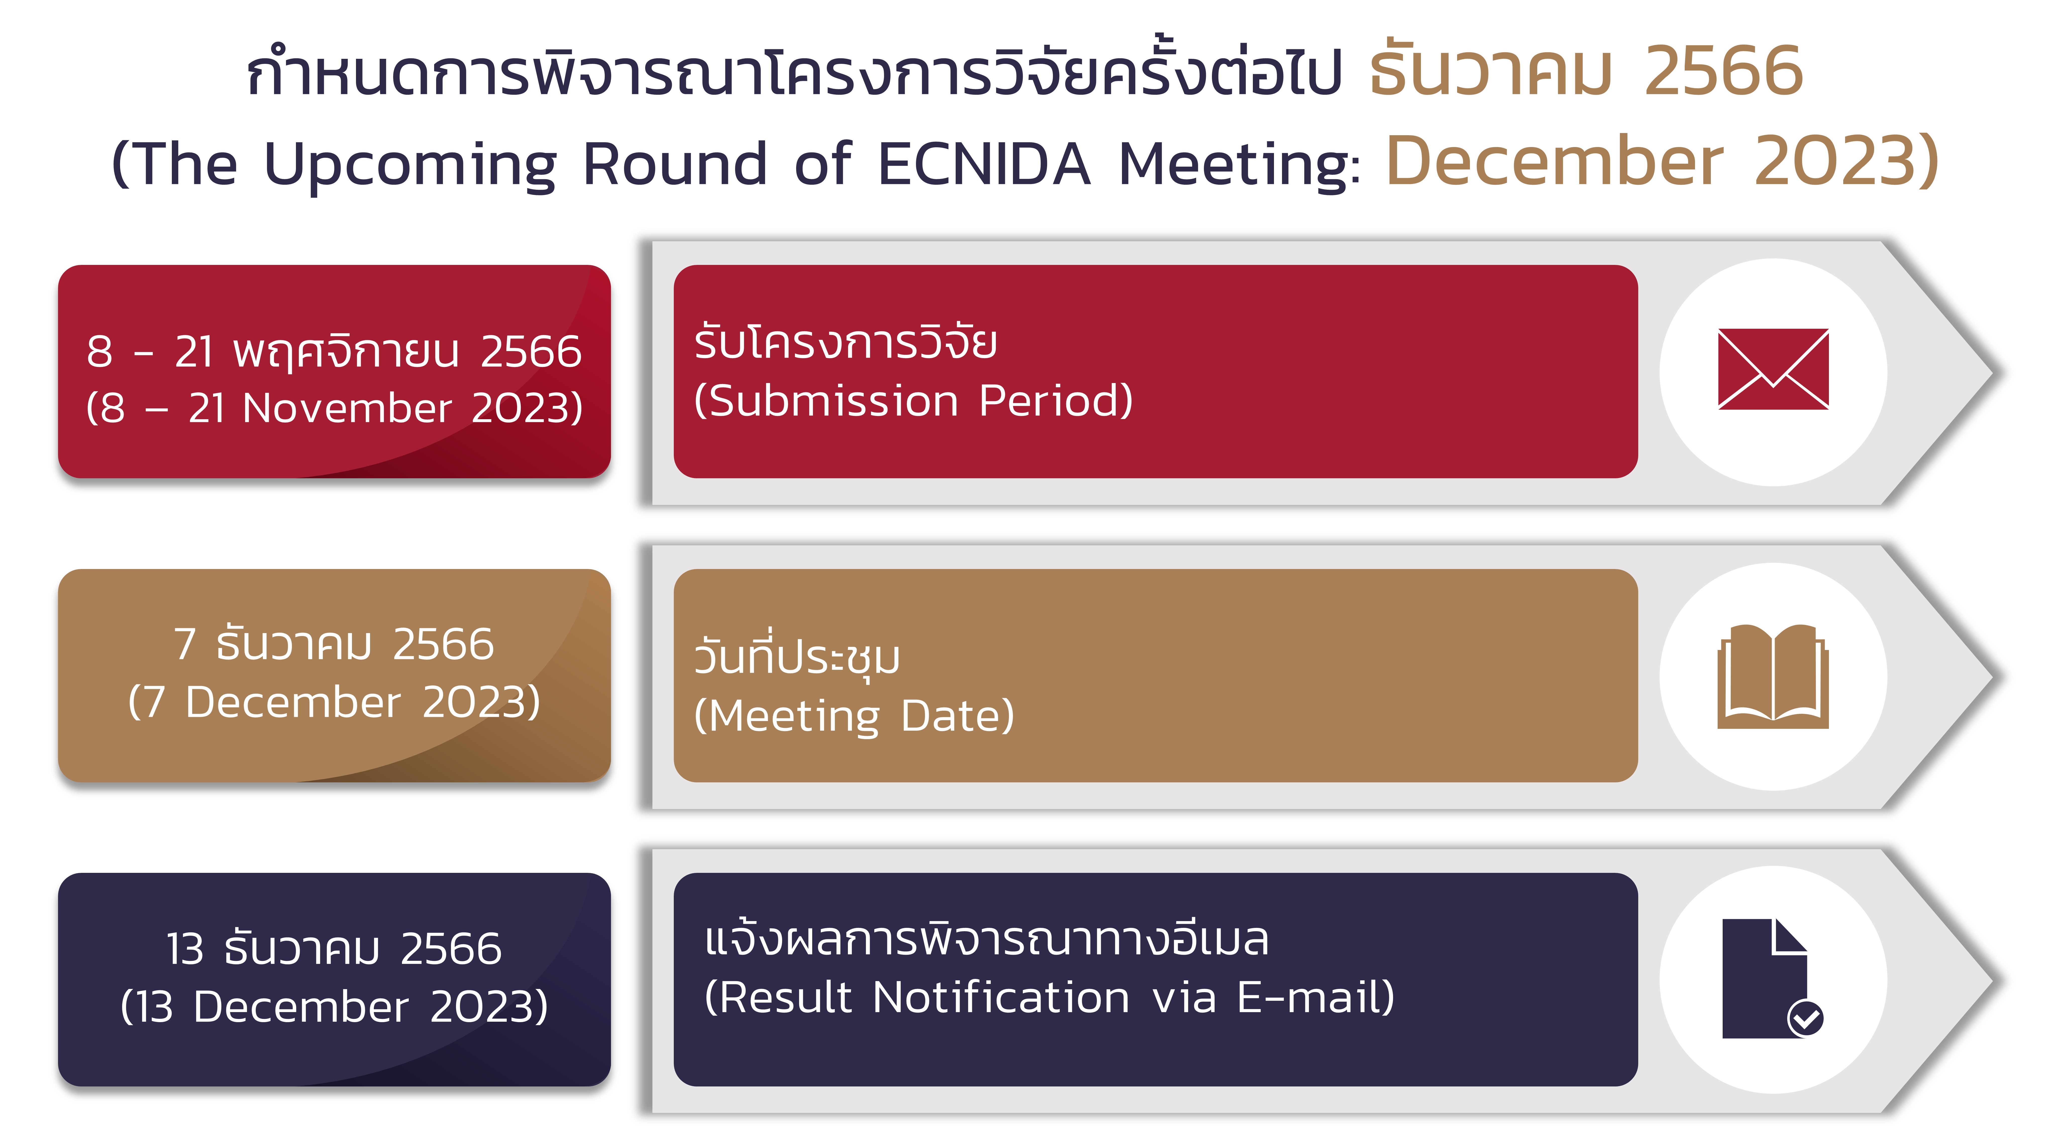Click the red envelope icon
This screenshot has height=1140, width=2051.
click(x=1773, y=369)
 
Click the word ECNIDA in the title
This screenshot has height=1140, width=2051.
click(x=984, y=164)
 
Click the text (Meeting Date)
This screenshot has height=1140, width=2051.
click(x=854, y=715)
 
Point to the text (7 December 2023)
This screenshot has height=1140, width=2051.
click(x=334, y=702)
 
